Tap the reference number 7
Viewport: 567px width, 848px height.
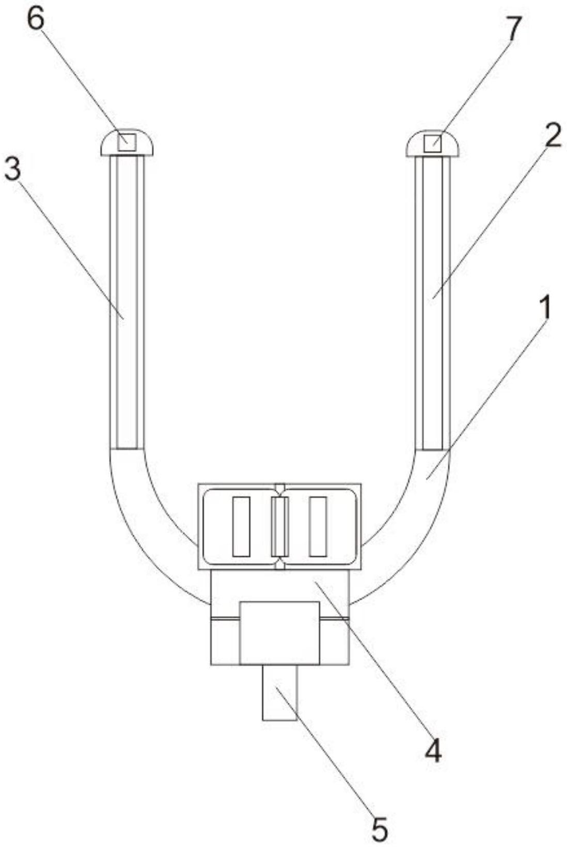tap(514, 28)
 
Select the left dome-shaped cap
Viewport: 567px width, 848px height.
tap(127, 143)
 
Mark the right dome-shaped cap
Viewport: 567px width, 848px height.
tap(433, 144)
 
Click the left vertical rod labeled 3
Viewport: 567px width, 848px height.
tap(127, 302)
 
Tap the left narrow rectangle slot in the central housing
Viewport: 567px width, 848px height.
tap(241, 527)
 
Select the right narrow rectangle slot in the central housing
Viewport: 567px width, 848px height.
tap(318, 527)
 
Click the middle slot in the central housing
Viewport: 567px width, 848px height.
tap(280, 527)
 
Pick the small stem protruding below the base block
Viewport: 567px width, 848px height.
tap(280, 693)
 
